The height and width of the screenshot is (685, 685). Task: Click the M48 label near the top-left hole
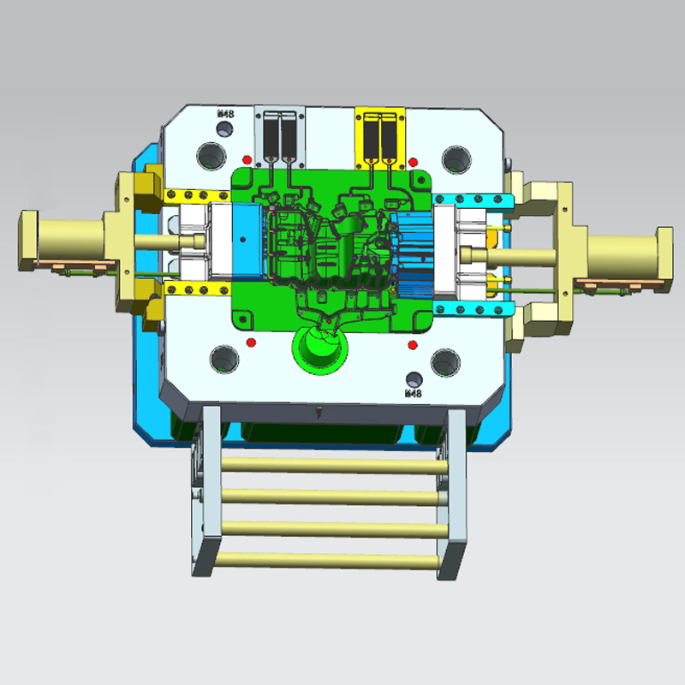point(226,113)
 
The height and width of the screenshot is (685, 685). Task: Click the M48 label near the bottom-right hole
point(413,394)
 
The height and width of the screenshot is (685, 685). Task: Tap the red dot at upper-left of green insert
point(247,159)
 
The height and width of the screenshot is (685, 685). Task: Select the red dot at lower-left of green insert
point(251,342)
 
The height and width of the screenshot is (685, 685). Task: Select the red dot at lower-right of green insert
point(413,345)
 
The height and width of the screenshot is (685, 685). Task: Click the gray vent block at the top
point(281,137)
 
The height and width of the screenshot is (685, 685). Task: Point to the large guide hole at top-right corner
point(455,158)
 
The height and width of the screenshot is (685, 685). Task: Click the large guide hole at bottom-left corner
point(223,357)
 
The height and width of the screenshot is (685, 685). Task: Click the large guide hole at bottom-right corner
point(445,361)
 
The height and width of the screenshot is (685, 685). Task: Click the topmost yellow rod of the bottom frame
point(325,464)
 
